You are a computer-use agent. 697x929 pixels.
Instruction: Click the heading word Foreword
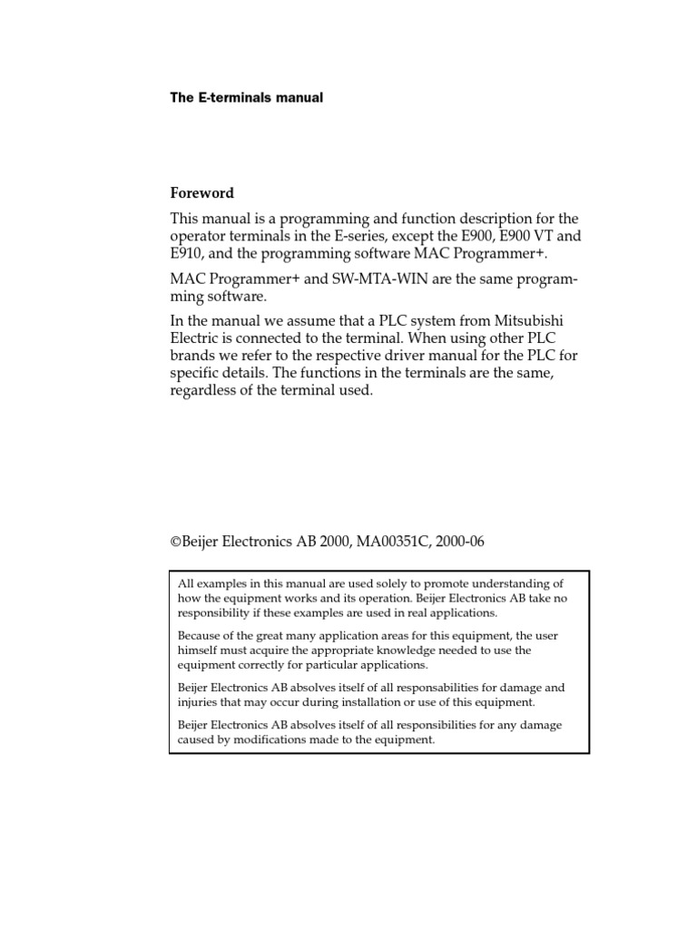(x=202, y=193)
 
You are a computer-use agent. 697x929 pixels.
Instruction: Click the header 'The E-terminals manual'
(x=246, y=97)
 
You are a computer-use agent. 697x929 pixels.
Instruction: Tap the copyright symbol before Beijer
(x=175, y=542)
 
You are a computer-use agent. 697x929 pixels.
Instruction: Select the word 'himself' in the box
(x=200, y=650)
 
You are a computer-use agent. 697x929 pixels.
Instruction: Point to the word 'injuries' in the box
(x=199, y=702)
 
